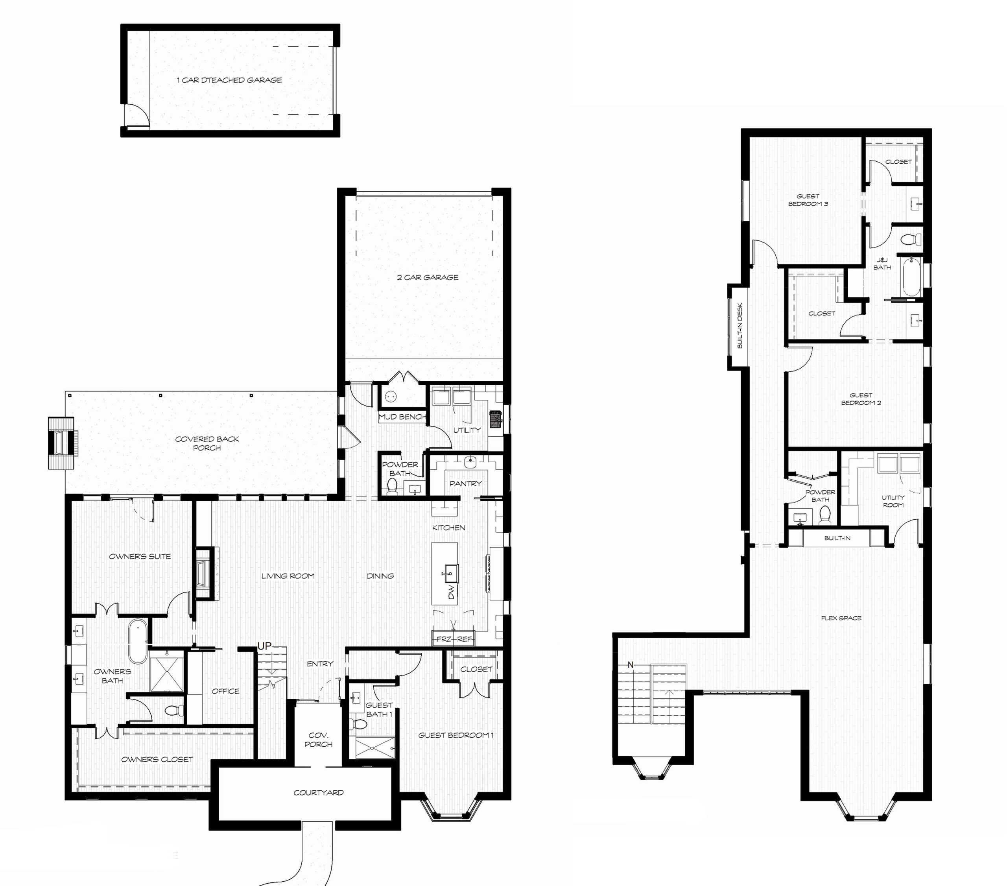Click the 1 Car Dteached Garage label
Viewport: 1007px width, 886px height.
(230, 80)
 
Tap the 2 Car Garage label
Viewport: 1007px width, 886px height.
(428, 277)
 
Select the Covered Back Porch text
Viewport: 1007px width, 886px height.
(207, 443)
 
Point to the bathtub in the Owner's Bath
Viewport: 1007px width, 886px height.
(138, 642)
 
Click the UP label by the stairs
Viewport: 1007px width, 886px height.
(265, 646)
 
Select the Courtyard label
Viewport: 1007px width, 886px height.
(319, 792)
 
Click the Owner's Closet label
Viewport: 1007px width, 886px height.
(157, 759)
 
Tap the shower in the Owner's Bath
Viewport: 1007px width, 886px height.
(166, 674)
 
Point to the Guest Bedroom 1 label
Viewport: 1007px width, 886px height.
(456, 735)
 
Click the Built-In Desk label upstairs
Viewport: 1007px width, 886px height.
(740, 326)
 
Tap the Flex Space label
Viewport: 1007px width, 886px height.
(841, 618)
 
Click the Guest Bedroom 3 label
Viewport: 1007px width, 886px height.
(808, 200)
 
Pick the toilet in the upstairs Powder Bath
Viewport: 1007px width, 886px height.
(824, 515)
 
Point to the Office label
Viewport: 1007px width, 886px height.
(226, 691)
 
